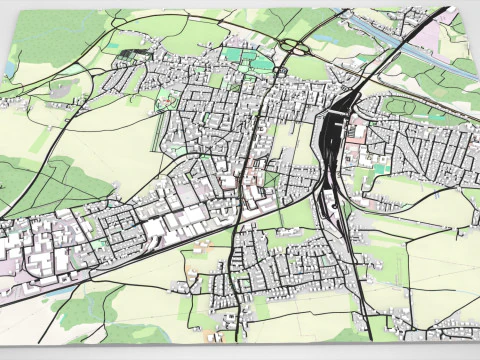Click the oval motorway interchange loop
pyautogui.click(x=297, y=45)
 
